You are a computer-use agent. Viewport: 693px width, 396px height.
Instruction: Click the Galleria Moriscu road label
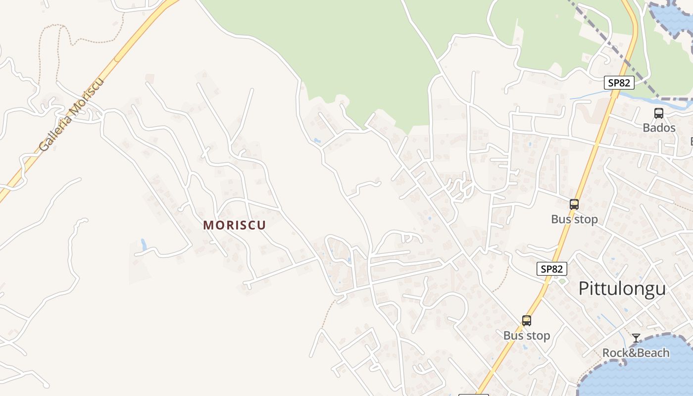71,115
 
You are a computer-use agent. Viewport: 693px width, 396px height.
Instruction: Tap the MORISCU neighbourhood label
235,225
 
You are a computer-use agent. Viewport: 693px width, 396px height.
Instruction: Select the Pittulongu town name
622,288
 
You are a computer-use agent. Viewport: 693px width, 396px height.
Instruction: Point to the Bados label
659,128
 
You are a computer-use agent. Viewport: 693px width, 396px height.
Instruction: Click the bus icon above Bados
659,113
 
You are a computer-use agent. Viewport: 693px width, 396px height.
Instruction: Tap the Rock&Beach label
636,353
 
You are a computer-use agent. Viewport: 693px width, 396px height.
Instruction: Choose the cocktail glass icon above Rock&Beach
636,338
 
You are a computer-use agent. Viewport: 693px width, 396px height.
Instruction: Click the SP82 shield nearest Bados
619,83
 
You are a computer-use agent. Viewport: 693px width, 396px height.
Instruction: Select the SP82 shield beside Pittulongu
552,269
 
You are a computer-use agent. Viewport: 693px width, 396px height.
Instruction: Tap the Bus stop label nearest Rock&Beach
527,336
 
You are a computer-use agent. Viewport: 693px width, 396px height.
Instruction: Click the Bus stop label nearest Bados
574,219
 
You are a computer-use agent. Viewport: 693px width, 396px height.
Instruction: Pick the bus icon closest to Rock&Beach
527,321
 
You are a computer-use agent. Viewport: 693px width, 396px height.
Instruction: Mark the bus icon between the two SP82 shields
574,204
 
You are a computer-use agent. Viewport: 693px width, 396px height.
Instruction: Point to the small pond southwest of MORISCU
144,245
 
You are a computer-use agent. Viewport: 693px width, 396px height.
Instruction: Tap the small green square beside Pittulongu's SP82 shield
561,281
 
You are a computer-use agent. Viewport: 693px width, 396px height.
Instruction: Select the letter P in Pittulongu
584,289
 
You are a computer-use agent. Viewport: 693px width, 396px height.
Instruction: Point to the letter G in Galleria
45,146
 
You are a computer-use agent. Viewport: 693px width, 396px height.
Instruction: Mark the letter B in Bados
646,128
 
